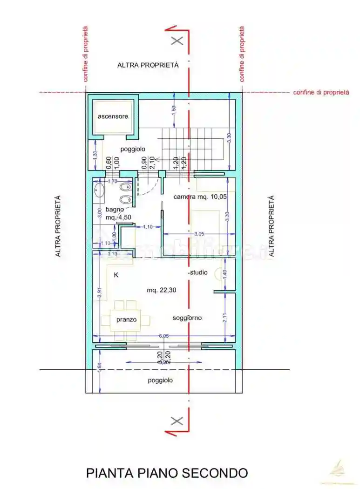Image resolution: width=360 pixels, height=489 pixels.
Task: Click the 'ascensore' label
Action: [112, 116]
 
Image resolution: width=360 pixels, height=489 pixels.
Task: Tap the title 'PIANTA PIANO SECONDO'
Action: [167, 473]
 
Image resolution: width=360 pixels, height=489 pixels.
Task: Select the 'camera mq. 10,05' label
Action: [200, 197]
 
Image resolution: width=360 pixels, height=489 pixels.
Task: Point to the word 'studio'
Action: [198, 272]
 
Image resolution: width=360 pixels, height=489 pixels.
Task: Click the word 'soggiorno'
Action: [187, 318]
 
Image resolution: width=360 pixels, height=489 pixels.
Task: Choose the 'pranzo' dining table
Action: [126, 320]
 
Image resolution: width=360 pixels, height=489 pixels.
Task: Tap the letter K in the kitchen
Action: [116, 275]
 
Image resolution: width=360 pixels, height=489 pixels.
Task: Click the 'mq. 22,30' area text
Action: [158, 290]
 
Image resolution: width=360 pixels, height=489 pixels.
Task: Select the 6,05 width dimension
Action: [163, 336]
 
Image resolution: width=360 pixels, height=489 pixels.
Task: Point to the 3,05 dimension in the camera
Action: [198, 233]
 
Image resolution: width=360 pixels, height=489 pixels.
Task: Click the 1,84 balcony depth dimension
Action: [99, 367]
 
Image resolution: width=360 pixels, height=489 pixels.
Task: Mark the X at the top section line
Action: [177, 41]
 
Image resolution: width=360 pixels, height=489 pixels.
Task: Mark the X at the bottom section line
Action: [177, 421]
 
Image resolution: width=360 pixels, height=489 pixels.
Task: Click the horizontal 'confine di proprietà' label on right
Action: [321, 93]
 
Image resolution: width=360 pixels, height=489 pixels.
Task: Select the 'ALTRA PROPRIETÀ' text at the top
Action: [148, 65]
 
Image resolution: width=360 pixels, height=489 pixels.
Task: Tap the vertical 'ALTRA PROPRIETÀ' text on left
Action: [58, 226]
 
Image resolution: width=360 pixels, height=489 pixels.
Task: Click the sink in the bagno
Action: [99, 190]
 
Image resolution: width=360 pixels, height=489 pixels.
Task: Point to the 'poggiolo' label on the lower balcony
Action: [160, 380]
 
